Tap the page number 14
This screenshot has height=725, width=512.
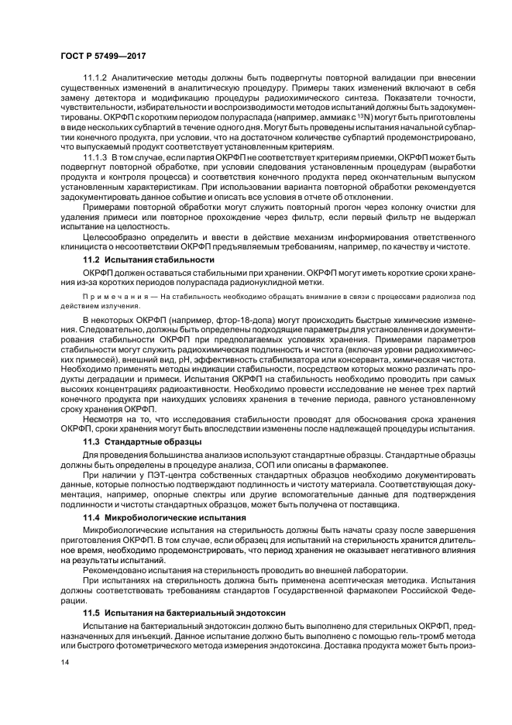tap(65, 663)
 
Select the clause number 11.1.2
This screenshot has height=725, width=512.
tap(96, 77)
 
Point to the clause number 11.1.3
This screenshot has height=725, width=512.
tap(96, 157)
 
